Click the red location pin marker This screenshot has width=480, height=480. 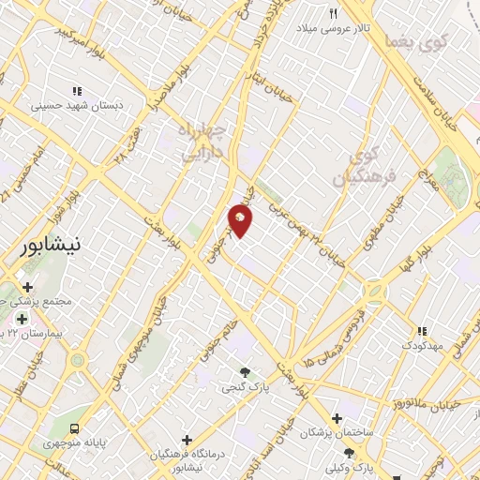tap(240, 222)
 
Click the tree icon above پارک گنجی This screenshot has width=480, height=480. tap(246, 371)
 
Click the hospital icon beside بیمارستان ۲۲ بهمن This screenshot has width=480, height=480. tap(21, 319)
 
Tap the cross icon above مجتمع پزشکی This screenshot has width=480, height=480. tap(27, 287)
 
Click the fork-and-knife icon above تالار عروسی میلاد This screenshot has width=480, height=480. tap(333, 13)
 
